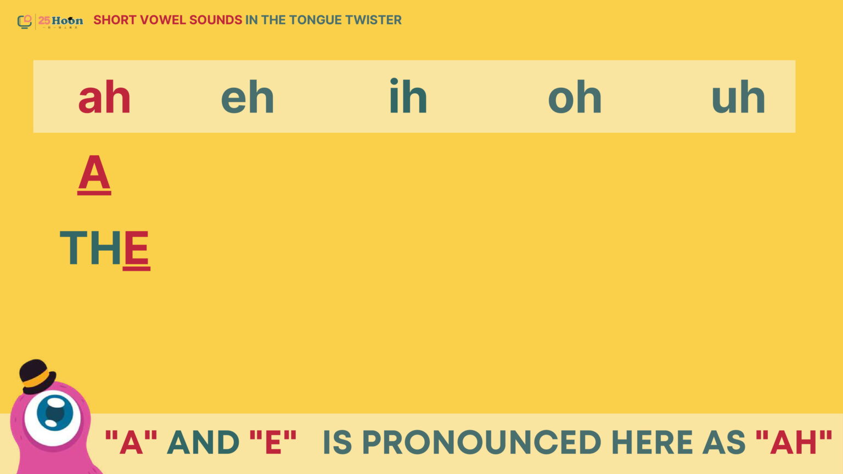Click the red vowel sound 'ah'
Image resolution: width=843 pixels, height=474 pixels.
pos(104,97)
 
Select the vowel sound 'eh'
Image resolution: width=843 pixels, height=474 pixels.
pos(248,97)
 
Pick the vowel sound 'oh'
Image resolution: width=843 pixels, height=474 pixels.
pos(575,97)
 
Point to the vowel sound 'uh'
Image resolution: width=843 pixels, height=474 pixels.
pos(738,97)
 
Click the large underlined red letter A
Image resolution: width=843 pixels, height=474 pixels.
pos(94,174)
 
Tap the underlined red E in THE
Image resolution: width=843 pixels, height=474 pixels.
pos(136,250)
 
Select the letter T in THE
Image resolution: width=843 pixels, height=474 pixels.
pos(74,247)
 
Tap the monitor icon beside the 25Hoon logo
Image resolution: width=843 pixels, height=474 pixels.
pos(25,21)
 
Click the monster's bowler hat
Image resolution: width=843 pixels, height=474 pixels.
pos(37,376)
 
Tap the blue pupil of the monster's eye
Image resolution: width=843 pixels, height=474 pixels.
pos(55,413)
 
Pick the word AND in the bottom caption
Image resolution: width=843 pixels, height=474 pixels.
pos(203,442)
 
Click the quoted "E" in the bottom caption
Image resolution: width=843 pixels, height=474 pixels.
pos(273,442)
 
